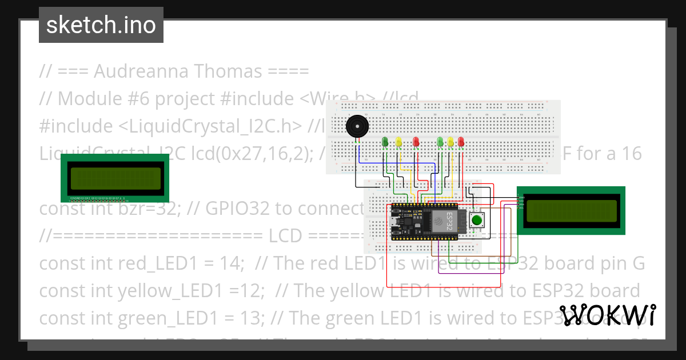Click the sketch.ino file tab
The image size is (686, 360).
pos(101,25)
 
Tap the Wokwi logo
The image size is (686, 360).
pos(607,315)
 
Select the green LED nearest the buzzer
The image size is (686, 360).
pos(385,141)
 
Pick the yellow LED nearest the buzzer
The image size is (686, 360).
pos(399,141)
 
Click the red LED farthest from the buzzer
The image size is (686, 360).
pos(461,141)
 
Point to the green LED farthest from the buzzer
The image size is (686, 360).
pos(440,141)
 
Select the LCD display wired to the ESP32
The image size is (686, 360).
pos(571,210)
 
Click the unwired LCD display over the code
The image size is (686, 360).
pos(115,178)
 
